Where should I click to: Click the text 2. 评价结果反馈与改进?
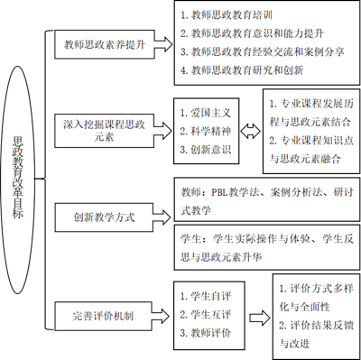(316, 335)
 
